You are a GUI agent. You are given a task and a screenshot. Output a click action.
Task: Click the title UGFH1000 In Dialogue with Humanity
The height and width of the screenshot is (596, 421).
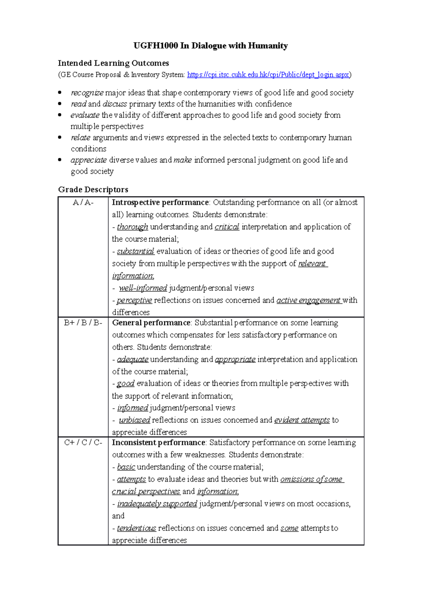(x=210, y=46)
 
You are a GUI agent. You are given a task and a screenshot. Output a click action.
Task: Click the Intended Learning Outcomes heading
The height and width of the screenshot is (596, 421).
(x=113, y=63)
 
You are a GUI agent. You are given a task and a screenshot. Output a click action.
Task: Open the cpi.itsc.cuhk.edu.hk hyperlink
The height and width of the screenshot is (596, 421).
(x=268, y=74)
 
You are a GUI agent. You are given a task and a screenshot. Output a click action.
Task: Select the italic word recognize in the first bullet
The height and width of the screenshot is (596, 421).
(x=87, y=93)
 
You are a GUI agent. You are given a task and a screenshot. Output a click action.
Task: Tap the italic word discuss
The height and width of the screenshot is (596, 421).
(x=115, y=104)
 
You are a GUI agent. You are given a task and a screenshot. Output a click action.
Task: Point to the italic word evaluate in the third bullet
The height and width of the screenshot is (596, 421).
(x=85, y=115)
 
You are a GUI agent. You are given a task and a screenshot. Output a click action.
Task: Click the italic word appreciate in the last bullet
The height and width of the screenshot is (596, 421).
(x=89, y=160)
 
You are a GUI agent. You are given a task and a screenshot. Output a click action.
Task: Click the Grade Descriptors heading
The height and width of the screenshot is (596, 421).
(x=93, y=190)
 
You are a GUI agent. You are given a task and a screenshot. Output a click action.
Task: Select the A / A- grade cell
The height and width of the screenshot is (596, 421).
(x=83, y=203)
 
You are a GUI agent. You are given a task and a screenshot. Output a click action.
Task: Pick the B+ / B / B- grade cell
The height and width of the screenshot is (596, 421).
(x=83, y=323)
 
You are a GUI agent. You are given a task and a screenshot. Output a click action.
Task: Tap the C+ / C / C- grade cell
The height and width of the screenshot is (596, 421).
(x=83, y=443)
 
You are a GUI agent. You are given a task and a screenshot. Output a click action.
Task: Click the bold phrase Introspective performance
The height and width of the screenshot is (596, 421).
(x=160, y=203)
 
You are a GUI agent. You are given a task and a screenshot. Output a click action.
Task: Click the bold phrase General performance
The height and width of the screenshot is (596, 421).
(x=151, y=323)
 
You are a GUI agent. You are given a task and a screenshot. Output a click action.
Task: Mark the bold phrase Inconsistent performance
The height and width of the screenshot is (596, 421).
(x=158, y=443)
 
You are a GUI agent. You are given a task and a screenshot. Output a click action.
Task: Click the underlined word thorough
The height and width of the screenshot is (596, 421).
(x=132, y=227)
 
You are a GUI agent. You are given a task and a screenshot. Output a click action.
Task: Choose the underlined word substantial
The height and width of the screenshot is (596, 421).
(x=135, y=251)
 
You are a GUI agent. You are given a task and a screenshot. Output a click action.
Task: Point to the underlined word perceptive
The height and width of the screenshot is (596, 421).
(x=134, y=300)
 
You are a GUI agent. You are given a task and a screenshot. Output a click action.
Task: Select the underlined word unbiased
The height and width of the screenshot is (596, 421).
(x=134, y=420)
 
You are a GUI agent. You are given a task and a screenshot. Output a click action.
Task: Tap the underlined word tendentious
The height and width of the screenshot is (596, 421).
(x=136, y=528)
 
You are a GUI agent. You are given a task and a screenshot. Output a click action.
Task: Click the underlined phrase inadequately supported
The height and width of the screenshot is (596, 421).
(x=157, y=504)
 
